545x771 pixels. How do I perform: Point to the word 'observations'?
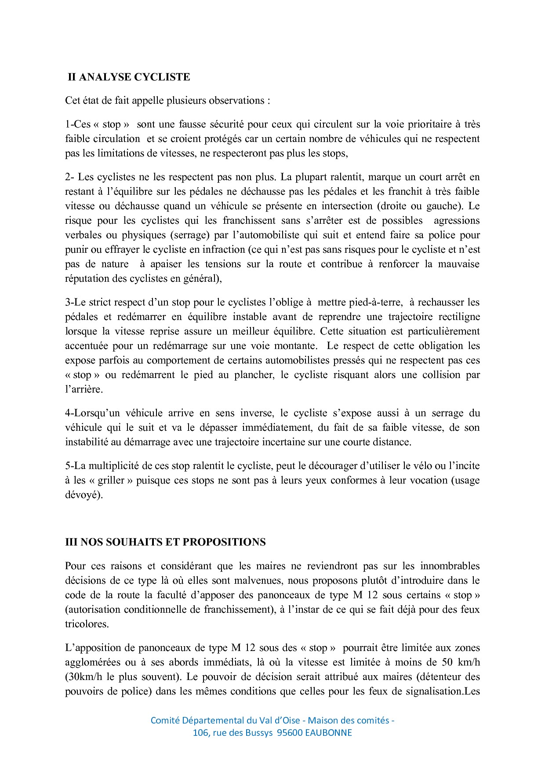236,101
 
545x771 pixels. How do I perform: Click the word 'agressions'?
457,221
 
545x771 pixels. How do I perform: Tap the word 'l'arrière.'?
84,389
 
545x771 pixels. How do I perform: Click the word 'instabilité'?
87,442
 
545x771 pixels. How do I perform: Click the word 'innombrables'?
450,566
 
